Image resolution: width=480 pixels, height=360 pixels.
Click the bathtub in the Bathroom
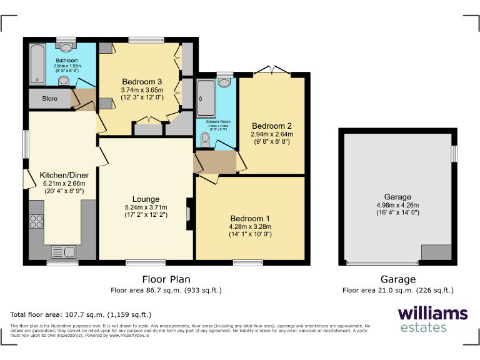point(37,64)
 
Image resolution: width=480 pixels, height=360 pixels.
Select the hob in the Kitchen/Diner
point(36,221)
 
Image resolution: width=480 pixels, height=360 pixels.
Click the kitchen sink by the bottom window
point(62,252)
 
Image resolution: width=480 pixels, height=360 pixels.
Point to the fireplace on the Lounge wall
point(188,209)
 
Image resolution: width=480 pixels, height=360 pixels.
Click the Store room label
point(49,99)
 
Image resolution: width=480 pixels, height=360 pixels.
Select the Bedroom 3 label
point(142,82)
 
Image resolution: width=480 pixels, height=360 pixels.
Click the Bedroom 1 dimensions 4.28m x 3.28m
point(251,226)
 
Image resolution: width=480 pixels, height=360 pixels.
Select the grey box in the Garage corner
point(436,252)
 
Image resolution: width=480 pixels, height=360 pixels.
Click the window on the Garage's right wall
point(454,153)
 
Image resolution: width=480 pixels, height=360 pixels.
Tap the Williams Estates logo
point(432,319)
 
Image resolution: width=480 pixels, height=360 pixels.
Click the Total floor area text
point(81,314)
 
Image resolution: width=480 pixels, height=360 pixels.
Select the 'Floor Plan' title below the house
point(166,279)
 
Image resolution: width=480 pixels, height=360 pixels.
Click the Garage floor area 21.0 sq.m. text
point(397,290)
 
